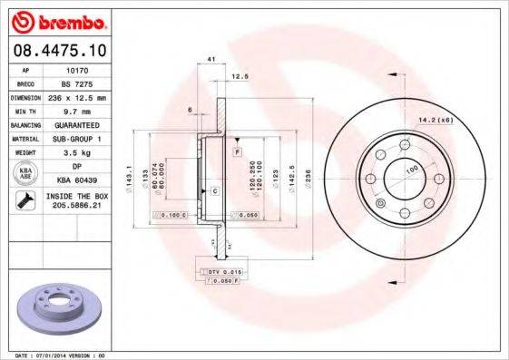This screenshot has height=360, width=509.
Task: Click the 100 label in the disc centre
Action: coord(410,170)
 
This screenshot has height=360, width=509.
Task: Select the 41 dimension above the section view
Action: coord(211,59)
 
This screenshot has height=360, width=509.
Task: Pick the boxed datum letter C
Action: coord(215,191)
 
